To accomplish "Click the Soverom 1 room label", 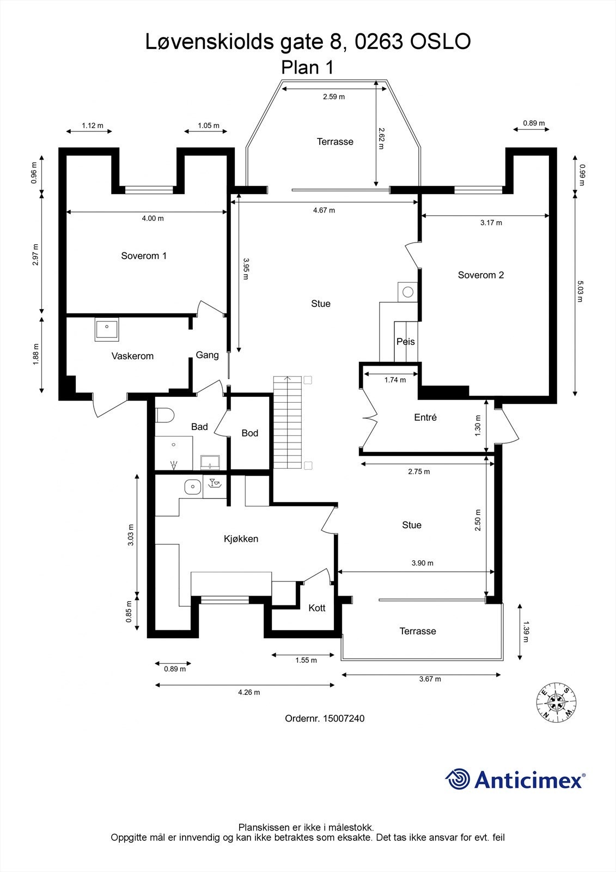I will tap(144, 256).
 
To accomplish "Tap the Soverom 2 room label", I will tap(481, 275).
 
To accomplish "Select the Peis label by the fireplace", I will tap(405, 342).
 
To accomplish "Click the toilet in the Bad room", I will tap(164, 416).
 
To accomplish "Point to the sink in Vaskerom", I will tap(107, 329).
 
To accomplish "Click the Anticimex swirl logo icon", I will tap(458, 779).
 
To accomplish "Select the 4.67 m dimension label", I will tap(324, 210).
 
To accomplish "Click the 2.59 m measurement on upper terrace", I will tap(334, 96).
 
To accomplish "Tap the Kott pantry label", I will tap(316, 608).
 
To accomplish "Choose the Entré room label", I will tap(425, 417).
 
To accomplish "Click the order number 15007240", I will tap(344, 718).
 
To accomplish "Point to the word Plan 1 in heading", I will tap(307, 68).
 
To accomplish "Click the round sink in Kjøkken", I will tap(192, 487).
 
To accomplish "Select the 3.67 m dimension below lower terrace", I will tap(430, 679).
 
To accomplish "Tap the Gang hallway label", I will tap(207, 355).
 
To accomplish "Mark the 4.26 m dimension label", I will tap(249, 692).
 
